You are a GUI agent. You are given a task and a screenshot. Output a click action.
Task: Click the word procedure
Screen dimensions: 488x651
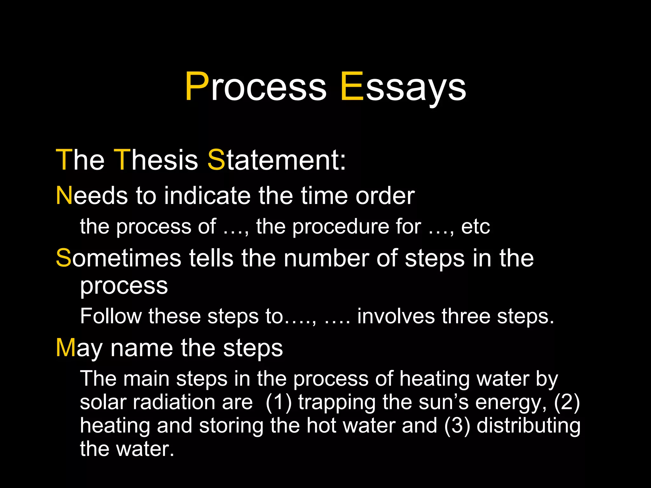pyautogui.click(x=340, y=227)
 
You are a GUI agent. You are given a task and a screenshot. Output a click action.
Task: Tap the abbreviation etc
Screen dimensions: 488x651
pyautogui.click(x=475, y=227)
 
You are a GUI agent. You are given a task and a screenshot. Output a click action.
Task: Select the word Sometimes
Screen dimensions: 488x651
pyautogui.click(x=119, y=258)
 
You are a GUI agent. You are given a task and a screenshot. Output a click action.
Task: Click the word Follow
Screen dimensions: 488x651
pyautogui.click(x=111, y=316)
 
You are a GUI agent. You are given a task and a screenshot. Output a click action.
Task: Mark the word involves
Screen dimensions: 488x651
pyautogui.click(x=396, y=316)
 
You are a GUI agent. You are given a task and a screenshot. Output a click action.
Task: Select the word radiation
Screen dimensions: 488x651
pyautogui.click(x=193, y=402)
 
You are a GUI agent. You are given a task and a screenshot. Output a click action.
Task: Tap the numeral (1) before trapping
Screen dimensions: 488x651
pyautogui.click(x=278, y=402)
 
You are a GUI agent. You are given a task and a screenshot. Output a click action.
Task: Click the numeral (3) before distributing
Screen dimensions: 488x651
pyautogui.click(x=457, y=425)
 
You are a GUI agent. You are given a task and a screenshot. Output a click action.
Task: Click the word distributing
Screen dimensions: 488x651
pyautogui.click(x=528, y=426)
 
